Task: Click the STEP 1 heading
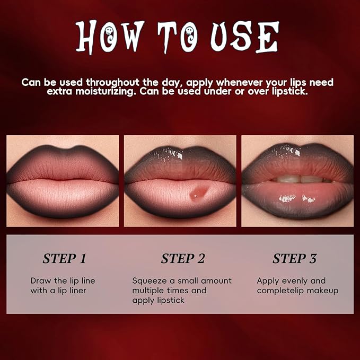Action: [x=64, y=259]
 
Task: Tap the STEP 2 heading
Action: [x=183, y=259]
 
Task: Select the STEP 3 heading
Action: [x=294, y=259]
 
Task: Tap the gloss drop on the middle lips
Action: [x=196, y=194]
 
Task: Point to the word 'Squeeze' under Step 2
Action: [x=150, y=280]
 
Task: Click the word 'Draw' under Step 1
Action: [x=41, y=280]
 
